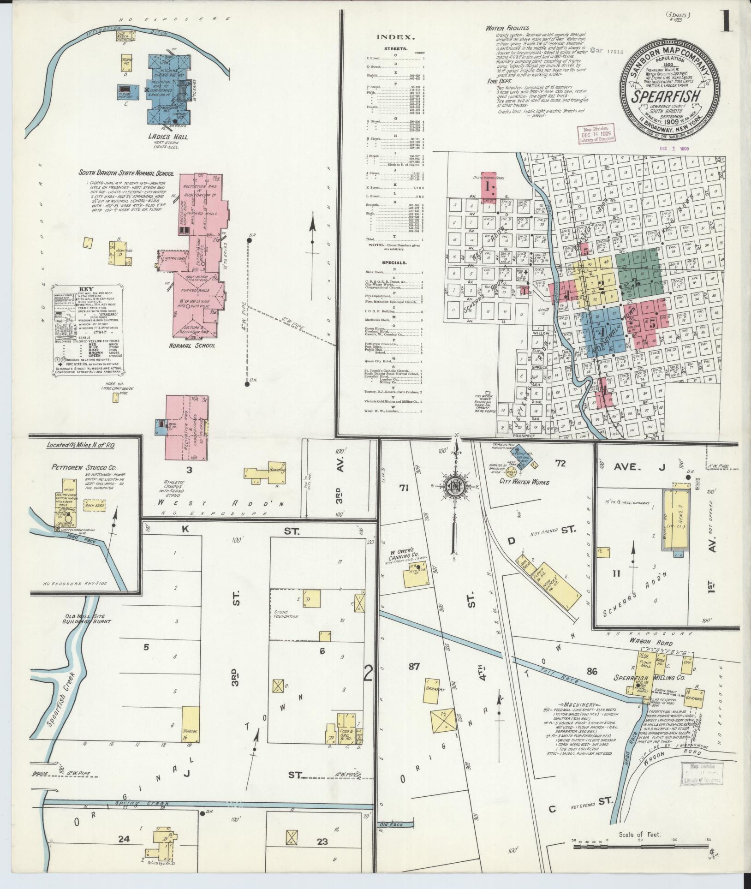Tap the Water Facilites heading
(507, 28)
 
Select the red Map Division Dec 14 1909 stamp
(593, 134)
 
